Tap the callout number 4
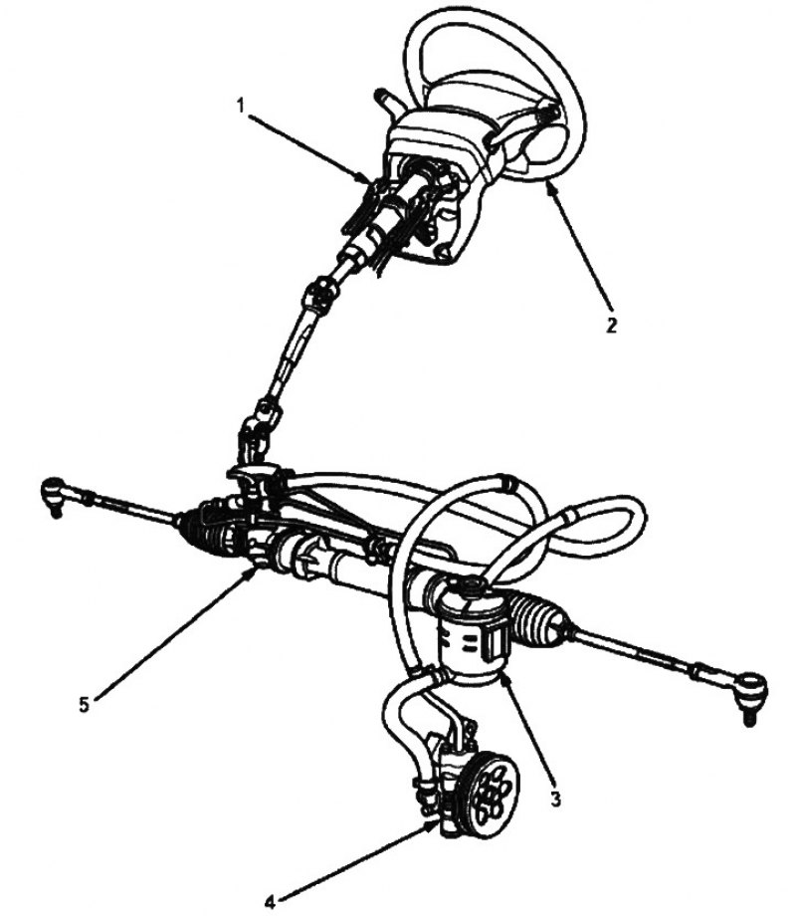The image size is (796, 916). [269, 903]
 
